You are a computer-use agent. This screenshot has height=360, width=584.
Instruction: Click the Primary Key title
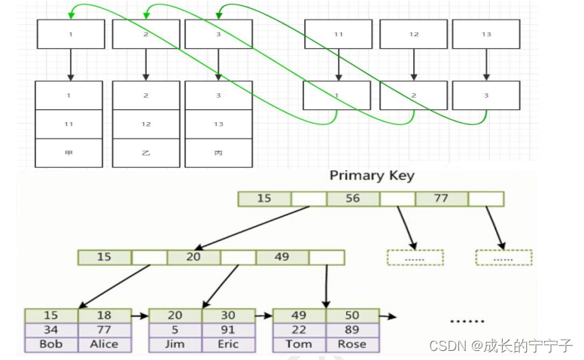pyautogui.click(x=372, y=176)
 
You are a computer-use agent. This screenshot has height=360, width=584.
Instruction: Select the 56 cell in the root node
pyautogui.click(x=353, y=199)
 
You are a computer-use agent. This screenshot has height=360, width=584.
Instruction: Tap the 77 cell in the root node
pyautogui.click(x=441, y=199)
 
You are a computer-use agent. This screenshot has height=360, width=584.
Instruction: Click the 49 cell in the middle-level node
pyautogui.click(x=282, y=257)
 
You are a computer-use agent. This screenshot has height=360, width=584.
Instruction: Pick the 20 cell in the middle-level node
pyautogui.click(x=193, y=257)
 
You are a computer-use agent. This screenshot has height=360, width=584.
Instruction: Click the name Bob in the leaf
pyautogui.click(x=51, y=344)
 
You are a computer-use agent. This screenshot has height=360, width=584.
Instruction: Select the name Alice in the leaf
pyautogui.click(x=104, y=344)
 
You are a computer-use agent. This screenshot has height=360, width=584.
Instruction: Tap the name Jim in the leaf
pyautogui.click(x=175, y=344)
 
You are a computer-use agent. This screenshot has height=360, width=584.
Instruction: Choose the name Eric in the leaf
pyautogui.click(x=228, y=344)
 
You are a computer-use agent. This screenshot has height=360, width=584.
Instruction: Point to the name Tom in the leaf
pyautogui.click(x=299, y=344)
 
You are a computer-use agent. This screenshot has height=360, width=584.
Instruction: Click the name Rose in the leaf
pyautogui.click(x=351, y=344)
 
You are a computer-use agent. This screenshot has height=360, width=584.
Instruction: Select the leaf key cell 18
pyautogui.click(x=104, y=316)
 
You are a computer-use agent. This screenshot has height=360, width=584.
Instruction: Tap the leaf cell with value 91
pyautogui.click(x=228, y=330)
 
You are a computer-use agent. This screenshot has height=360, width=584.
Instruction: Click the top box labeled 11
pyautogui.click(x=337, y=35)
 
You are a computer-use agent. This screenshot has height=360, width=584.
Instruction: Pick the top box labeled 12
pyautogui.click(x=413, y=35)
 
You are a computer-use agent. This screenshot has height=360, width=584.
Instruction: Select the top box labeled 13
pyautogui.click(x=486, y=35)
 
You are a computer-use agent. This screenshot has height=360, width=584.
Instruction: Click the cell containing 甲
pyautogui.click(x=69, y=152)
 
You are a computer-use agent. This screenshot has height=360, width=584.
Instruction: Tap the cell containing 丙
pyautogui.click(x=218, y=152)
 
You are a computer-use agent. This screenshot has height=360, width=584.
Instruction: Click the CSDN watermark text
pyautogui.click(x=500, y=345)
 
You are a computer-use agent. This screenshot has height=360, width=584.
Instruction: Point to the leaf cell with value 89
pyautogui.click(x=351, y=330)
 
